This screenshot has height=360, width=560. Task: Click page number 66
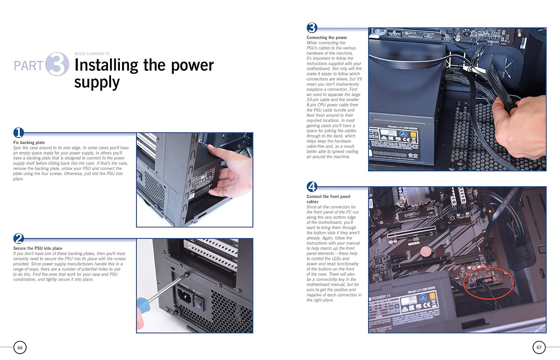20,347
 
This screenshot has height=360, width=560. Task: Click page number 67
539,347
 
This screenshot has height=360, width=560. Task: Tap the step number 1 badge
19,133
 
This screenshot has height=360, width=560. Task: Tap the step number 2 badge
19,238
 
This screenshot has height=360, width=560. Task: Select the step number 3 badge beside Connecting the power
312,28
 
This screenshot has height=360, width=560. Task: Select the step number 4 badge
312,186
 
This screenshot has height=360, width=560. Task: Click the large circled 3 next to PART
57,64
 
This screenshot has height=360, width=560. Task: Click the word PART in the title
28,66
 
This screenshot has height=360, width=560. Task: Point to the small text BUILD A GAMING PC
92,54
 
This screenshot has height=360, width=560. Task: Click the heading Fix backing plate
29,143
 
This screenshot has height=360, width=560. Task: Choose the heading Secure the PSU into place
38,248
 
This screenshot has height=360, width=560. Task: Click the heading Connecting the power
327,38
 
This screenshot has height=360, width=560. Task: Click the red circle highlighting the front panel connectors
488,283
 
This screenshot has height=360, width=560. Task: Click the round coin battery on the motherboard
426,251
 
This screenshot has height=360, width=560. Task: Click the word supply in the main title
97,83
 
